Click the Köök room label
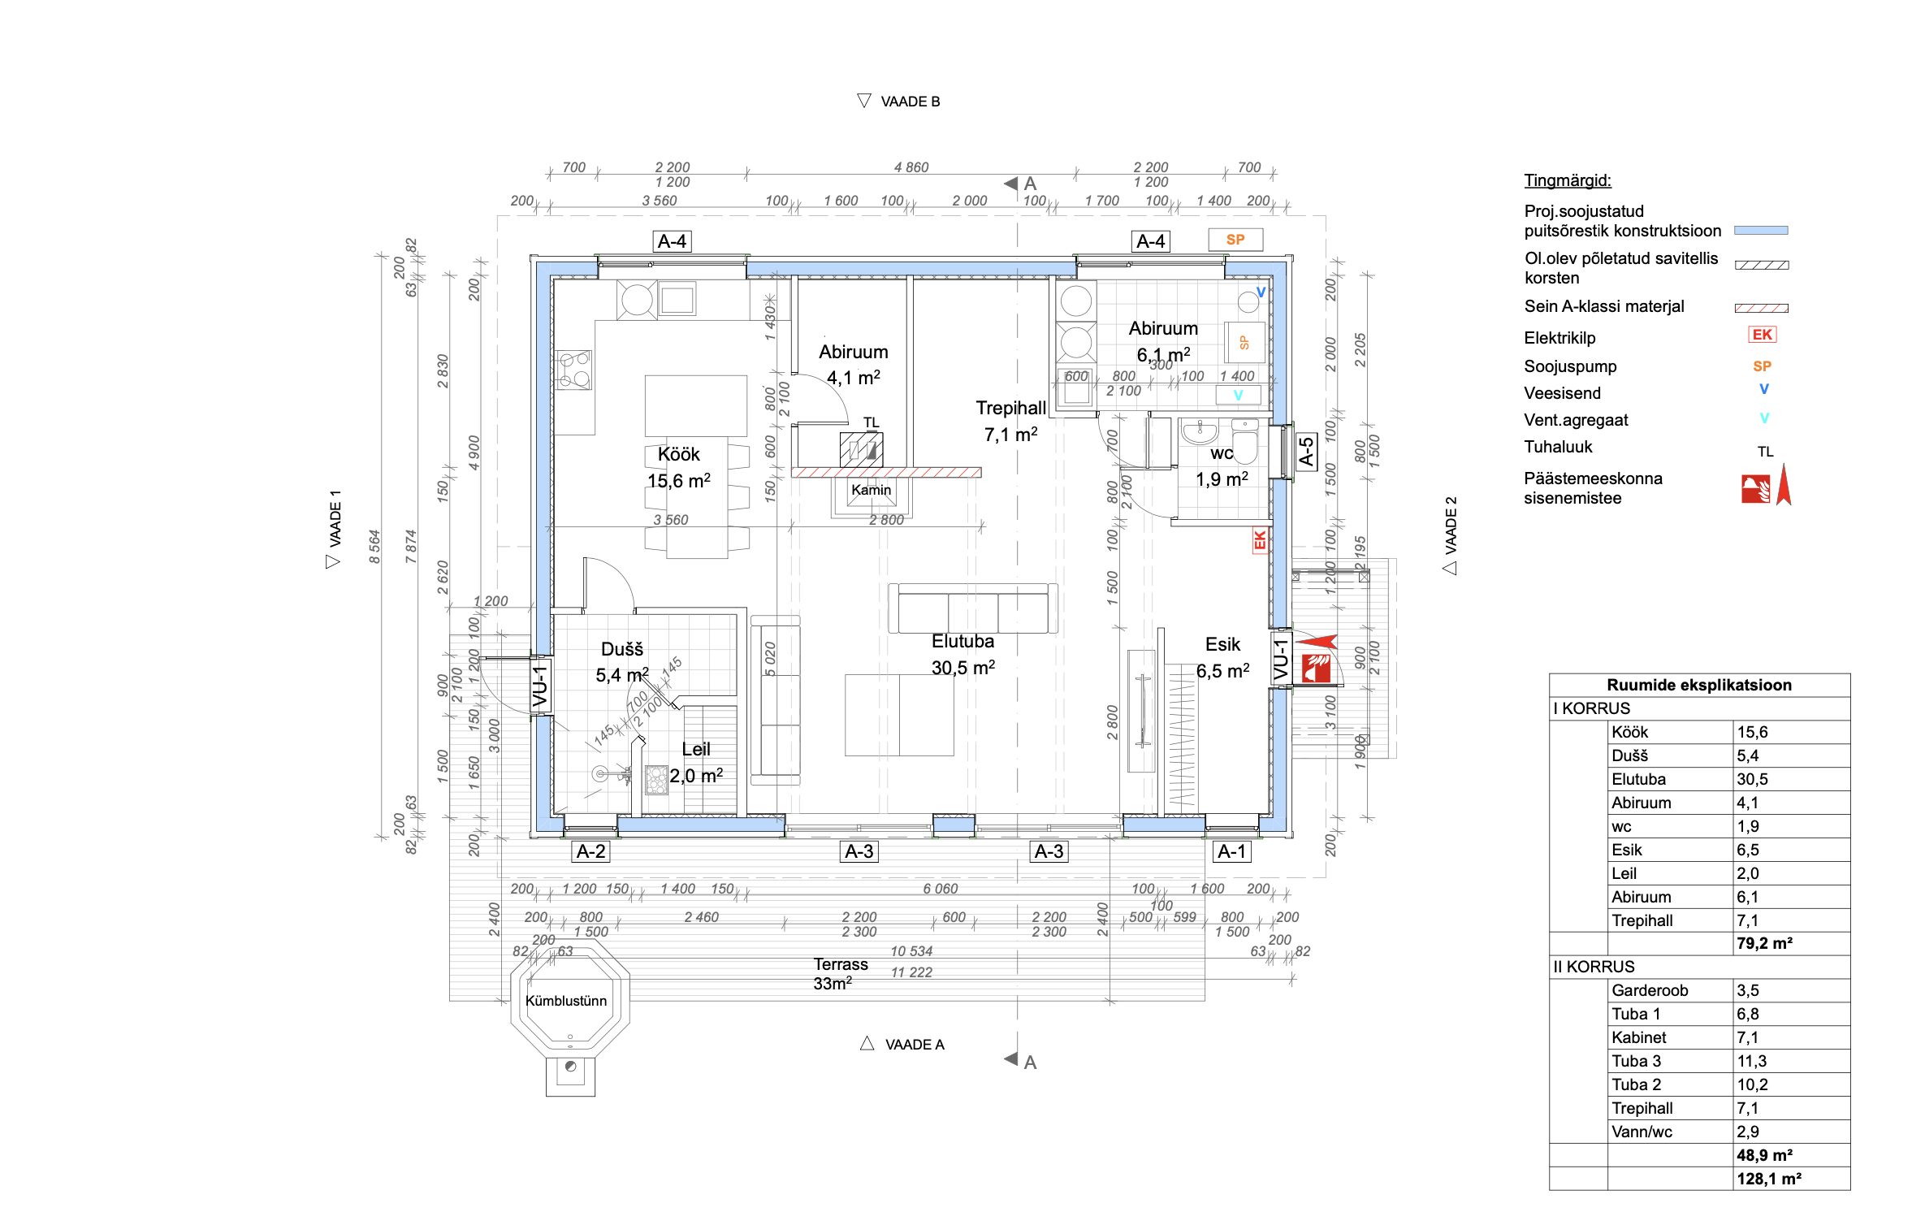click(x=678, y=455)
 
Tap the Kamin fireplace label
click(x=871, y=490)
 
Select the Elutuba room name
click(x=962, y=642)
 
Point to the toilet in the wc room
click(x=1244, y=442)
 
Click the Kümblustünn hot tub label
click(x=566, y=1001)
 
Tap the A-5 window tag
click(x=1305, y=451)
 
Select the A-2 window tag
click(x=590, y=851)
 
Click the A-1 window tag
click(x=1231, y=851)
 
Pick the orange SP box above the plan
click(x=1235, y=240)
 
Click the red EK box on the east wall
click(x=1259, y=540)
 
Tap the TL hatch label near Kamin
click(x=871, y=422)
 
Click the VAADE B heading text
click(x=910, y=102)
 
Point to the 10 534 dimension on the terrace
click(x=911, y=951)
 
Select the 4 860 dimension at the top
click(x=911, y=167)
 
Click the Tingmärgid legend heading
click(x=1567, y=180)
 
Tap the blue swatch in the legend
click(x=1760, y=231)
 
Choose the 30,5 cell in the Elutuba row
click(x=1752, y=780)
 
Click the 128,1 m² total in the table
click(x=1768, y=1179)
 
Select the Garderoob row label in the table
click(x=1649, y=990)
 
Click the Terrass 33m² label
click(x=840, y=973)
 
